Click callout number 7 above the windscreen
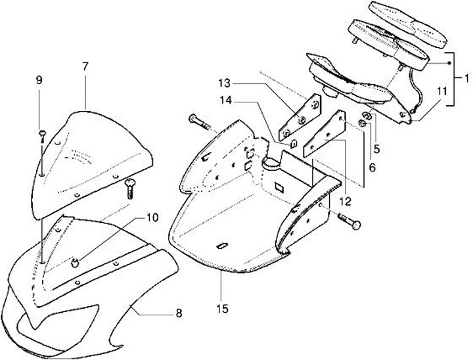coord(85,66)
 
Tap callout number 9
coord(39,80)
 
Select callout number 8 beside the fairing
coord(178,313)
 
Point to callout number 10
coord(152,216)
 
